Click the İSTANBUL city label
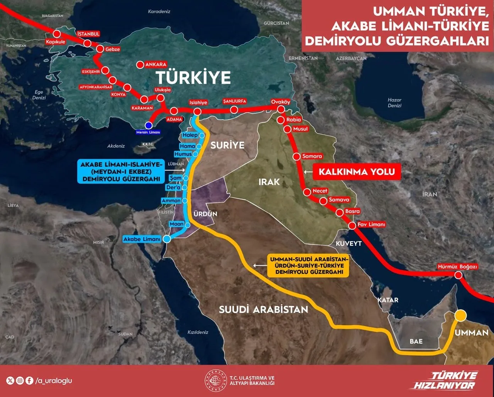click(x=88, y=34)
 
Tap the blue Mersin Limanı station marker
click(x=148, y=125)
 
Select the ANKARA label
click(x=155, y=65)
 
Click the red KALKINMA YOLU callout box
click(x=356, y=172)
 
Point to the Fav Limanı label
click(x=371, y=225)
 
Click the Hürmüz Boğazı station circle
click(x=458, y=275)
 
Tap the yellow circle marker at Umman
click(x=460, y=315)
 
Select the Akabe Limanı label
click(x=142, y=239)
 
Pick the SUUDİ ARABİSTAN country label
click(x=264, y=309)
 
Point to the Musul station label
click(x=301, y=129)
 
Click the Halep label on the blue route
click(x=190, y=135)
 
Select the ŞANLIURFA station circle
click(x=233, y=110)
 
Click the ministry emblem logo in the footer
click(x=216, y=381)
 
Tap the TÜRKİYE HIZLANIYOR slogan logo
click(x=448, y=381)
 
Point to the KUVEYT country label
click(x=349, y=244)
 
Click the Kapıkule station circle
click(x=57, y=34)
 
